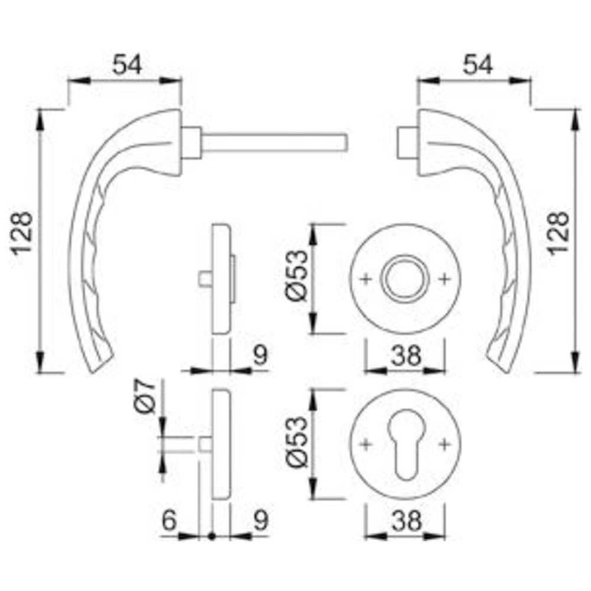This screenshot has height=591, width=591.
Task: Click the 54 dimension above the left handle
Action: click(x=127, y=64)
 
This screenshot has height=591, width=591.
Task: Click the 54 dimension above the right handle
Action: click(x=478, y=64)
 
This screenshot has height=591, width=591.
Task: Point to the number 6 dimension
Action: click(x=169, y=521)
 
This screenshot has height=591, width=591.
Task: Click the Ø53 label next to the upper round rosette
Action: click(x=298, y=276)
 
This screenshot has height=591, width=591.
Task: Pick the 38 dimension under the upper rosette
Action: click(x=406, y=355)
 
